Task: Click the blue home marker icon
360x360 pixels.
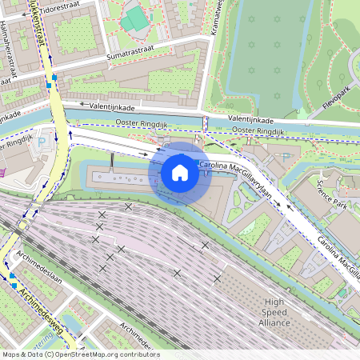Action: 180,172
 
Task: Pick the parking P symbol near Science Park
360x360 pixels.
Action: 286,157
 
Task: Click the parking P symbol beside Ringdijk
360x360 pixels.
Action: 42,142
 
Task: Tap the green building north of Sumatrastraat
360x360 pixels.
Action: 135,18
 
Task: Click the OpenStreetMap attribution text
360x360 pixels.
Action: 80,354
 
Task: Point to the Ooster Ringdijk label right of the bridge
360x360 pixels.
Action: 256,131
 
